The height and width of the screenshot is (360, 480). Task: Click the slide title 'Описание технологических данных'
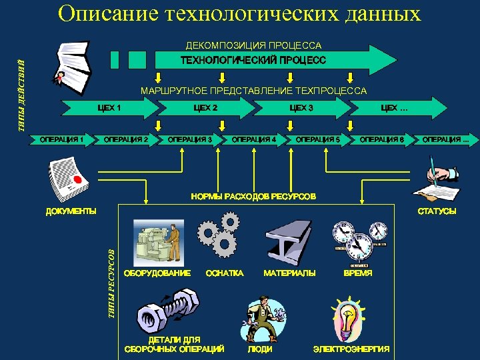point(239,14)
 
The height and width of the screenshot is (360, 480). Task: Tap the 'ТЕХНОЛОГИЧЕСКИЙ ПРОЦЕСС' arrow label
point(253,61)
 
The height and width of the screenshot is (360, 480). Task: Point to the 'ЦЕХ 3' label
point(301,107)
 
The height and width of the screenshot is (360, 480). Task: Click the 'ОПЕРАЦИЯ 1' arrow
point(61,139)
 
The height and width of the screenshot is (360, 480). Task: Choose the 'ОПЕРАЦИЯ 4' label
point(253,139)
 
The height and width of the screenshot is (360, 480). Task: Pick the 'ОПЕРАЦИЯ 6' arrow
point(381,139)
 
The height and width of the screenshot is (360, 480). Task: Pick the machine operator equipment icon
point(157,242)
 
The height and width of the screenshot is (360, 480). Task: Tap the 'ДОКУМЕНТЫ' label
point(71,211)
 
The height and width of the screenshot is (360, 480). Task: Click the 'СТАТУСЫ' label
point(437,211)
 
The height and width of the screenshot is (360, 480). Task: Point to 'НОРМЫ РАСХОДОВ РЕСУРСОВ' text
point(253,197)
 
